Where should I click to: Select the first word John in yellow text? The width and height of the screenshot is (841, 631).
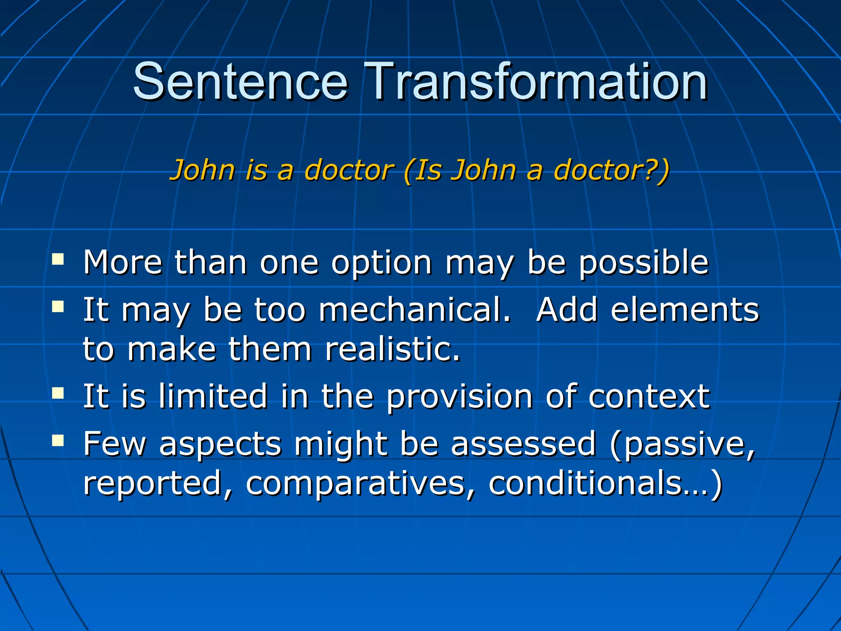[202, 170]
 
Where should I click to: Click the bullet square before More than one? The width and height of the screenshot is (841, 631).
[58, 259]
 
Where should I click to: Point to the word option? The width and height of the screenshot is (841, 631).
[381, 263]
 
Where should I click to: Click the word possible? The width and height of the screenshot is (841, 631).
[643, 263]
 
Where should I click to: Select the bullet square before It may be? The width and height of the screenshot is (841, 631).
[58, 306]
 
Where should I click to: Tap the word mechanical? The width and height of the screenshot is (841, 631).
[415, 310]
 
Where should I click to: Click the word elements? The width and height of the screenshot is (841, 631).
[685, 310]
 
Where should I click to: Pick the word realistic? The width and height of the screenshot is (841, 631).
[392, 349]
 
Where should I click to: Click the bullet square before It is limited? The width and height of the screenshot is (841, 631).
[58, 393]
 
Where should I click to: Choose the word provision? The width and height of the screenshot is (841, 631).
[460, 397]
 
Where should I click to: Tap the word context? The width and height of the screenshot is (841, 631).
[649, 396]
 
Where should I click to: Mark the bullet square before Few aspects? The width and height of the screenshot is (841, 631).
[58, 441]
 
